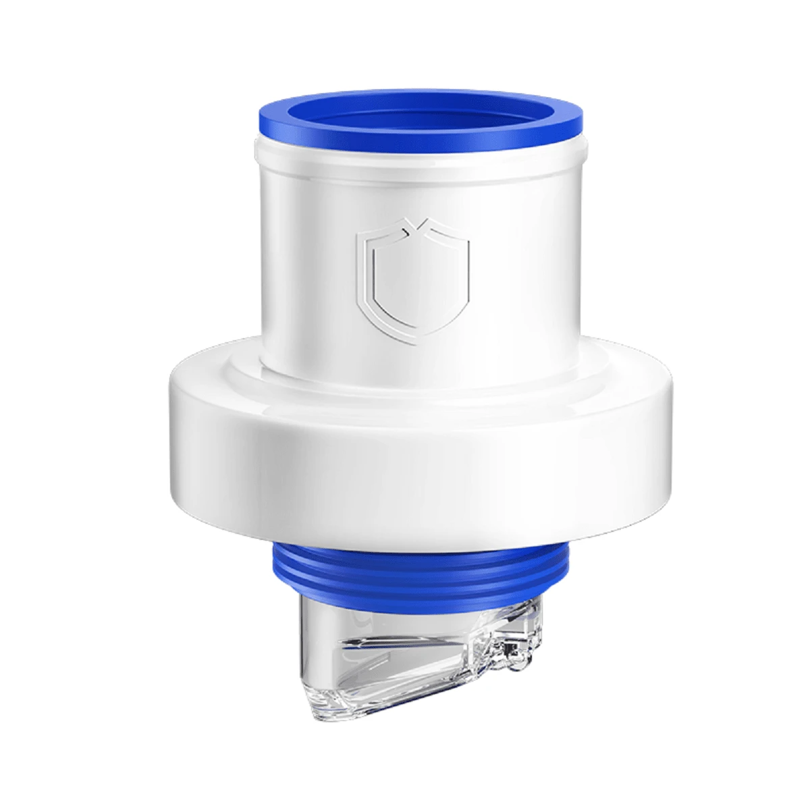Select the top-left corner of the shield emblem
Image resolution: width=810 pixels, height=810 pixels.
pyautogui.click(x=362, y=236)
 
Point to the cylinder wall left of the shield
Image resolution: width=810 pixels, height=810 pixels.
pyautogui.click(x=304, y=270)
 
